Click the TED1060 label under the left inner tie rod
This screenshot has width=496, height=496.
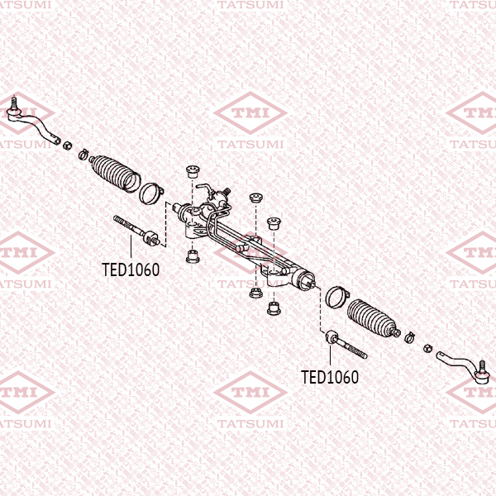click(131, 269)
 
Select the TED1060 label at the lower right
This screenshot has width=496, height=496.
click(330, 378)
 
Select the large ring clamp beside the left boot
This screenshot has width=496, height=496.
click(150, 193)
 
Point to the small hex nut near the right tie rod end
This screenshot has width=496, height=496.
click(427, 345)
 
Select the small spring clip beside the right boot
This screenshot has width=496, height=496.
click(408, 336)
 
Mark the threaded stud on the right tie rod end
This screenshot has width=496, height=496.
click(479, 365)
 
